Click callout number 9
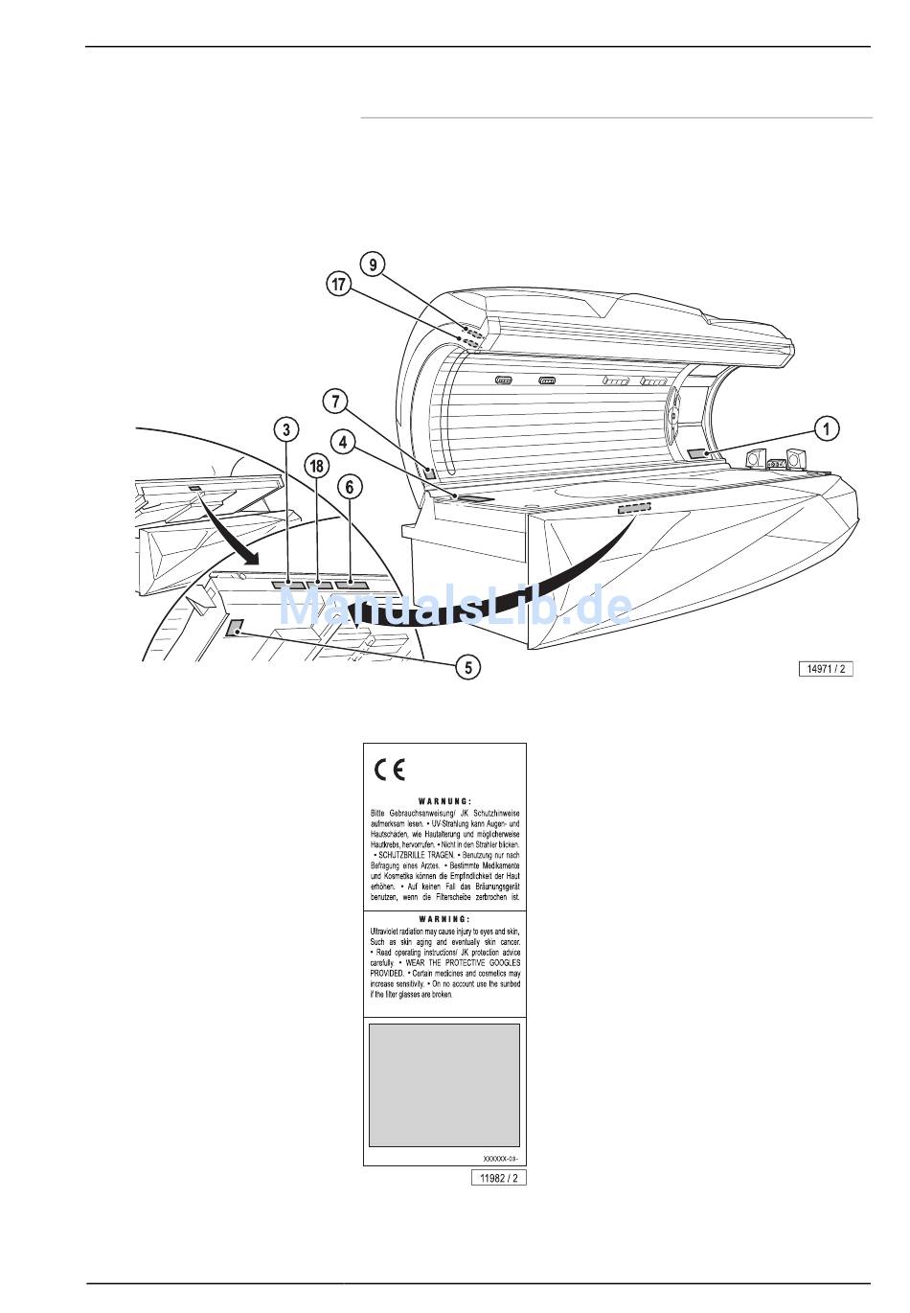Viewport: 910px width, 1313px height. [375, 264]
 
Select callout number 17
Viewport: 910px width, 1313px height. [337, 285]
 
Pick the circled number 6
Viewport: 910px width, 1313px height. [351, 487]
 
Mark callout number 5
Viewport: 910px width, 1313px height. [467, 666]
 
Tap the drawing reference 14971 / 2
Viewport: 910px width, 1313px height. [826, 669]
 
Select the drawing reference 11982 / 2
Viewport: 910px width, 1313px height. [499, 1178]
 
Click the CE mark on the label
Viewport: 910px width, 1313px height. [390, 770]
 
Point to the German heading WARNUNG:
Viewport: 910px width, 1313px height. [444, 800]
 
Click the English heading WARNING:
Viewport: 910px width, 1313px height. [444, 918]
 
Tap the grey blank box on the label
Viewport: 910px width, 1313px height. [444, 1084]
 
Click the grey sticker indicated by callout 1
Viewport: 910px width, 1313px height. [697, 455]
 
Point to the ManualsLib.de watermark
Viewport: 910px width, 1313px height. [455, 607]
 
